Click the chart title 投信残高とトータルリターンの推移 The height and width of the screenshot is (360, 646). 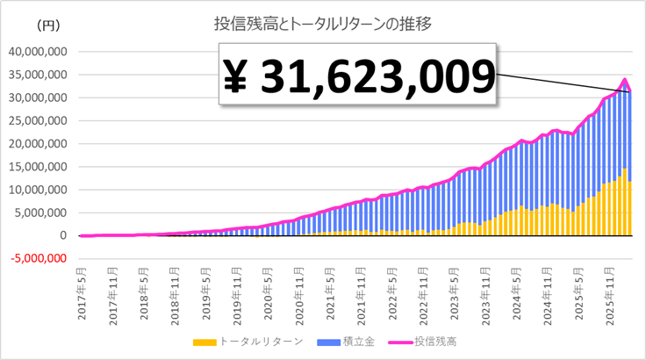(322, 23)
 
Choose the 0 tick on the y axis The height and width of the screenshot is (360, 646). (63, 235)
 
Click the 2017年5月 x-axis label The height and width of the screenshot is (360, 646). (82, 279)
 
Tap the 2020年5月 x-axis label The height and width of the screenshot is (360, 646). (268, 279)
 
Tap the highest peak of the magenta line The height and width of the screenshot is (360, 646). (625, 80)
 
